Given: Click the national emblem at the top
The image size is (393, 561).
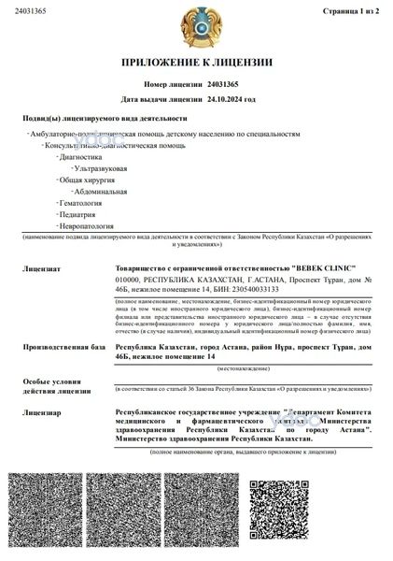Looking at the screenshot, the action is point(196,26).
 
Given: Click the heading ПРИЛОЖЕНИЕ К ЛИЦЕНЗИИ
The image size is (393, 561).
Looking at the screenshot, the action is point(196,63).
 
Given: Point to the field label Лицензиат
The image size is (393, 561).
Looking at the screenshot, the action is point(43,267).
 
